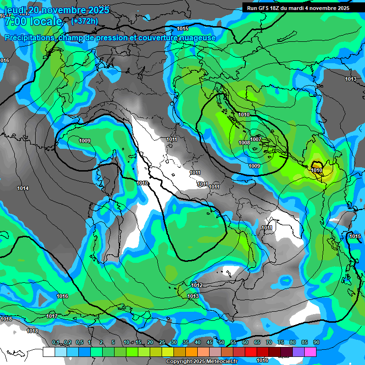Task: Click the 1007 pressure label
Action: pos(256,139)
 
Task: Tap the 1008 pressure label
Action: pos(244,143)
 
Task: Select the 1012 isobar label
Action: pos(197,285)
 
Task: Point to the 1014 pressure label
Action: pos(23,189)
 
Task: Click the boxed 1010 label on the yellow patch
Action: pos(317,170)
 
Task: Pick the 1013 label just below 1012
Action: pos(193,296)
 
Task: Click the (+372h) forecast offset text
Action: pos(84,21)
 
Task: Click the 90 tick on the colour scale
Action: pos(316,342)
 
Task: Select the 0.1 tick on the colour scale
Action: pos(56,342)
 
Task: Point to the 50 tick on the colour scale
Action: pos(221,342)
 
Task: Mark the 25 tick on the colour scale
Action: pos(162,342)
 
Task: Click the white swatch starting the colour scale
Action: pos(48,352)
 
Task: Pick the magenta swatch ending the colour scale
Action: pos(310,352)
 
